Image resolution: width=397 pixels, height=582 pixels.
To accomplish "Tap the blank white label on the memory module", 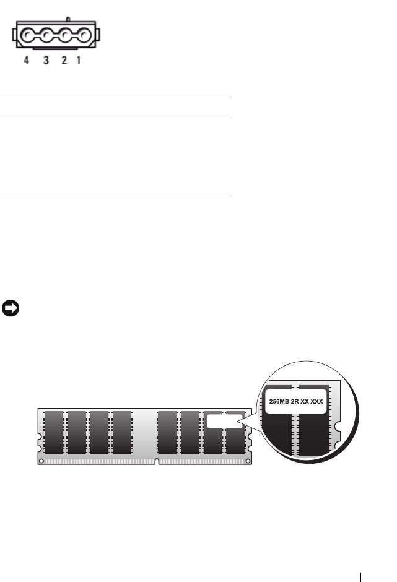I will (222, 422).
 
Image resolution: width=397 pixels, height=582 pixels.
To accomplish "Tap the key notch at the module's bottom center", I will (157, 462).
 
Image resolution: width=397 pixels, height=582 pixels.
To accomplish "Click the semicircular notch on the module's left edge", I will (39, 443).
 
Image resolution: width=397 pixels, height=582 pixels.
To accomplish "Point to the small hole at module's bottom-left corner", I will (42, 460).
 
